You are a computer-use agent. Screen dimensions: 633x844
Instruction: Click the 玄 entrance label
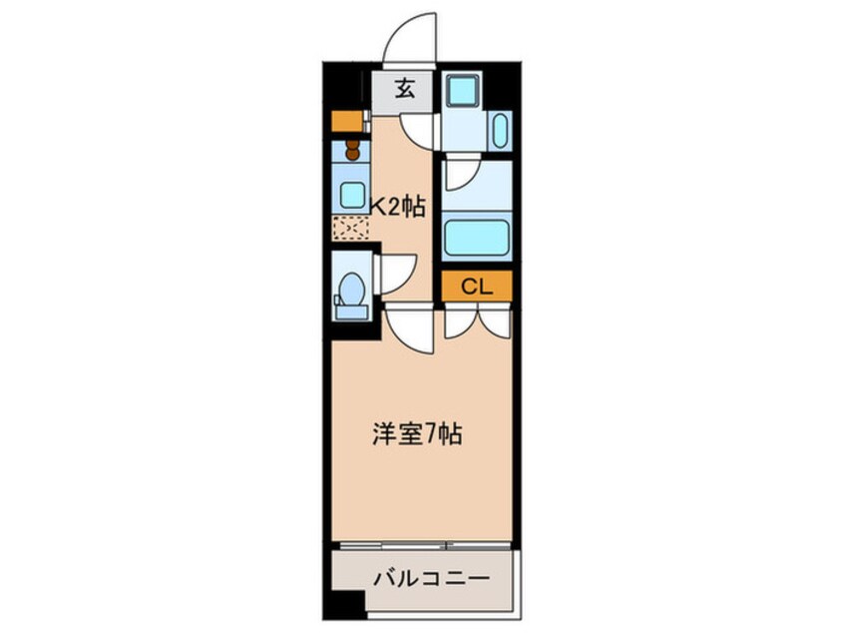coord(404,89)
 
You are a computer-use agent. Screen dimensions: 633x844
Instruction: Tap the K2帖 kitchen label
coord(399,207)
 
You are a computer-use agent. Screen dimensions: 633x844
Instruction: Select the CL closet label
coord(477,287)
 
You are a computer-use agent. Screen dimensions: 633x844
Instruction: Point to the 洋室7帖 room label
coord(418,434)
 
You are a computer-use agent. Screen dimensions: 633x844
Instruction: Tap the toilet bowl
coord(349,291)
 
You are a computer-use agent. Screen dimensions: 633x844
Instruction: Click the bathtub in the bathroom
coord(476,238)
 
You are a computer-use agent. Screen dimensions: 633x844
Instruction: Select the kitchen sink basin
coord(351,195)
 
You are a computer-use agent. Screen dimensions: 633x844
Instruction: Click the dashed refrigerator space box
coord(350,227)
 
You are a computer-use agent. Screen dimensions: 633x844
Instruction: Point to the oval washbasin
coord(500,129)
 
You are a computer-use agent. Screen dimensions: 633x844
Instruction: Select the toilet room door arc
coord(395,271)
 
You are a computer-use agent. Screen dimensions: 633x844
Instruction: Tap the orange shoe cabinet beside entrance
coord(347,122)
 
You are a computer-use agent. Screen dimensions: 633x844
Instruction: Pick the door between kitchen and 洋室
coord(409,328)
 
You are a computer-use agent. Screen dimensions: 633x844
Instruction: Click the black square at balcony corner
coord(342,608)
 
